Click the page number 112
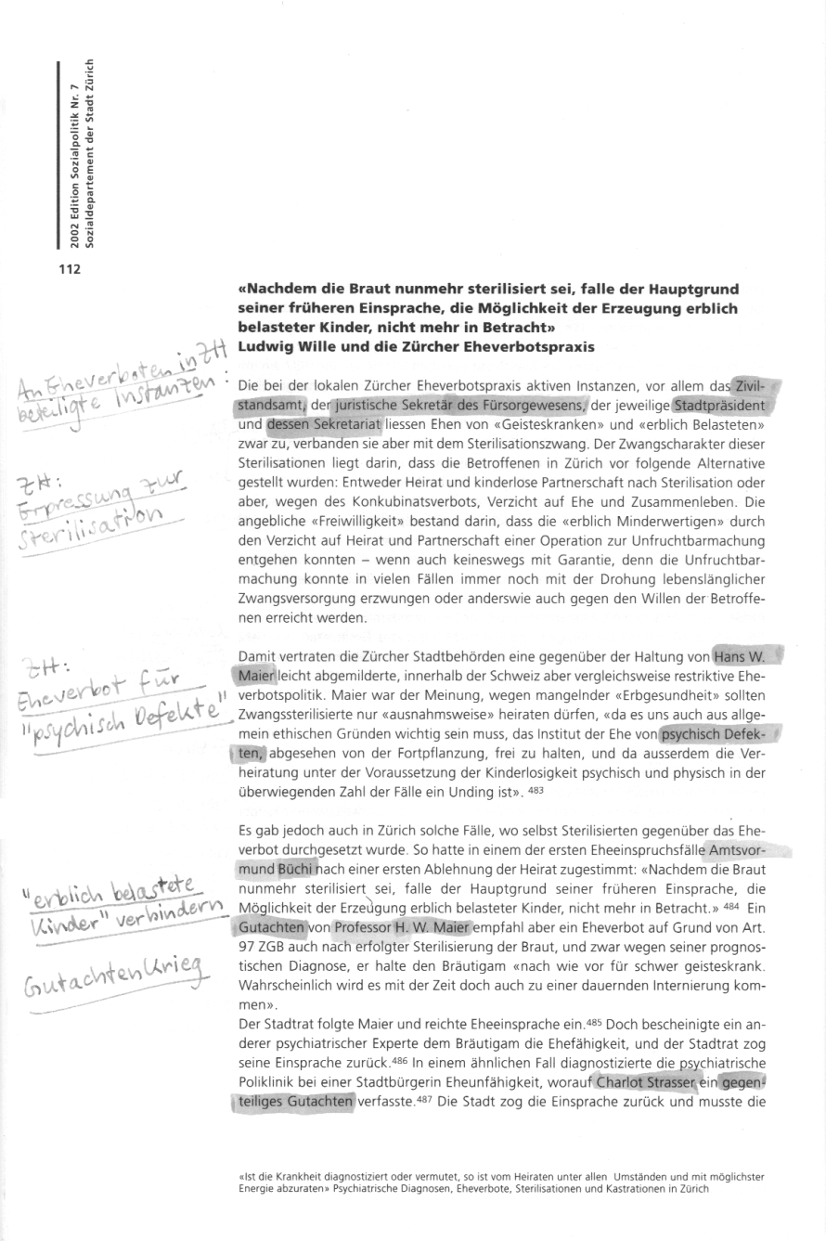[71, 270]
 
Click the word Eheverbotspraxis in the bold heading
[531, 345]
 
